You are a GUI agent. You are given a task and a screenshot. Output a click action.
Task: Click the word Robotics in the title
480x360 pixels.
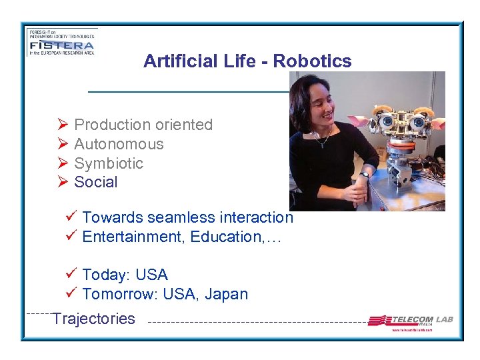(312, 61)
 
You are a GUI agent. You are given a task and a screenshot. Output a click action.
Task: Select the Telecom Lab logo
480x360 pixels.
(410, 321)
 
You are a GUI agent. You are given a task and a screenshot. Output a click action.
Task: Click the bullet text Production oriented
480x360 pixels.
(143, 125)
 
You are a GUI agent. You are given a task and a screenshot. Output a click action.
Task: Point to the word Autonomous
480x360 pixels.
(119, 144)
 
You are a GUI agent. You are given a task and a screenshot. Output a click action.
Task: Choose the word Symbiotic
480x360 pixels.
(109, 163)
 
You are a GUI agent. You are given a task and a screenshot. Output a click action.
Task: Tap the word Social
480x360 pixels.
(95, 182)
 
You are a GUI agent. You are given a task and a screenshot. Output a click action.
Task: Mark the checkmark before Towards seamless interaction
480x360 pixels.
(72, 217)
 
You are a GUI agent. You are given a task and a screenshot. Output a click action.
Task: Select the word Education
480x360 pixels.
(227, 237)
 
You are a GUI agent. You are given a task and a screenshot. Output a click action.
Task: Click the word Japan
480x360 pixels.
(227, 294)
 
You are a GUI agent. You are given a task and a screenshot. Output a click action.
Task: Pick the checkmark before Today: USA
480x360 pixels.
(72, 274)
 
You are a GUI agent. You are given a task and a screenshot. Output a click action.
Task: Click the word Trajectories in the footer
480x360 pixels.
(93, 319)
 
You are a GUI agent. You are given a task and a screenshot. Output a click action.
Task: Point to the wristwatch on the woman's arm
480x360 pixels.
(365, 175)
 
